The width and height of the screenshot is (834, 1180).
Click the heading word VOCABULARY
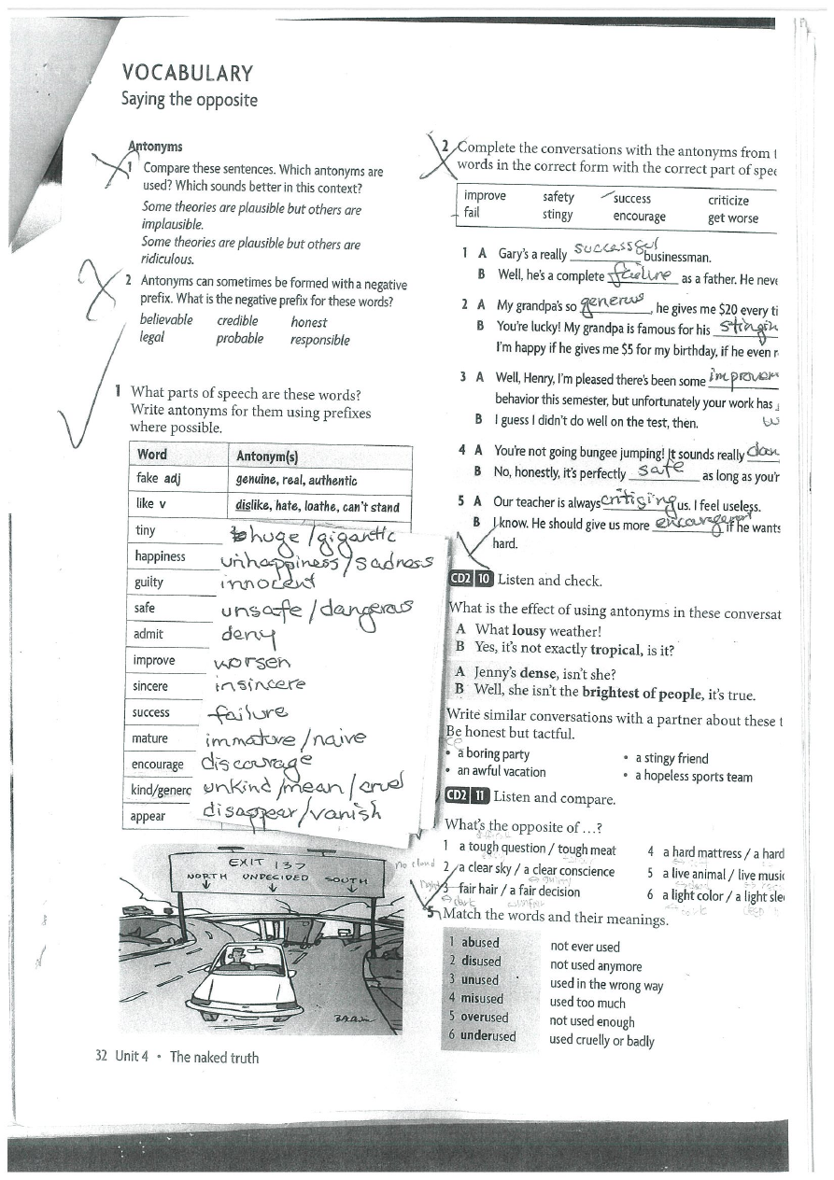(188, 74)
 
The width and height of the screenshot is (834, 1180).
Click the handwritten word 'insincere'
(259, 684)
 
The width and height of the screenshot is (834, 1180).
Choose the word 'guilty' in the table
(149, 582)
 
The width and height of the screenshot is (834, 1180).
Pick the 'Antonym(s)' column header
(267, 456)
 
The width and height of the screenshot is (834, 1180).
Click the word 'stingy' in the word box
(558, 216)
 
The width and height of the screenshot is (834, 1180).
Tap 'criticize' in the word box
(728, 199)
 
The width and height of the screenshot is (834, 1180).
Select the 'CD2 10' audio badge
(470, 579)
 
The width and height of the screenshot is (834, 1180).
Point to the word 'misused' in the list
(481, 998)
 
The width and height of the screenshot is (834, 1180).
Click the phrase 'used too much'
(587, 1003)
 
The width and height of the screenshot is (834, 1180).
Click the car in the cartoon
(245, 983)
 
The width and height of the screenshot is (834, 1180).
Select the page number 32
(102, 1057)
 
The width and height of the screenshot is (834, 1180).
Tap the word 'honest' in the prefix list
(308, 320)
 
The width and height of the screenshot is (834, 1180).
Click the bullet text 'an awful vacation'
(501, 771)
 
